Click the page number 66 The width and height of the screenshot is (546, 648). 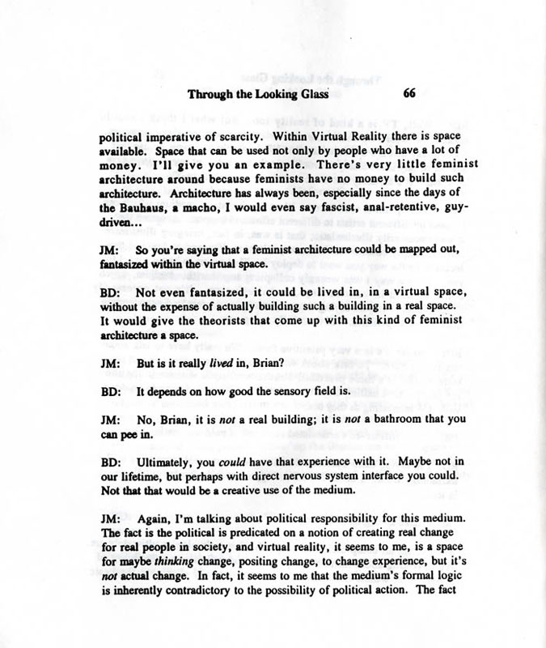click(408, 93)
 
